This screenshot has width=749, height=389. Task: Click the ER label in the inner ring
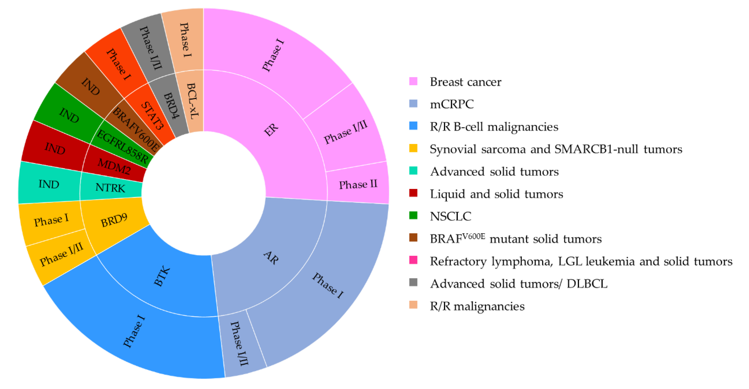[271, 130]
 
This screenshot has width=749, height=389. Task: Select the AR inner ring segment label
[271, 258]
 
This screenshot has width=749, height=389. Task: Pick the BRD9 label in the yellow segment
[114, 221]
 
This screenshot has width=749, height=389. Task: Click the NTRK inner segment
[110, 188]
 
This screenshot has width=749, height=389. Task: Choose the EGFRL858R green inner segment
[122, 146]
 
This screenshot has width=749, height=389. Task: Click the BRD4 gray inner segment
[171, 106]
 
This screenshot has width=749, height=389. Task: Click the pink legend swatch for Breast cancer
[413, 81]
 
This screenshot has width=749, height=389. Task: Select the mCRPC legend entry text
[452, 104]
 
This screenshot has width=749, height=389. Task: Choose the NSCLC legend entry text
[450, 216]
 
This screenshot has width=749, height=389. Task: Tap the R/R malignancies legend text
[477, 306]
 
